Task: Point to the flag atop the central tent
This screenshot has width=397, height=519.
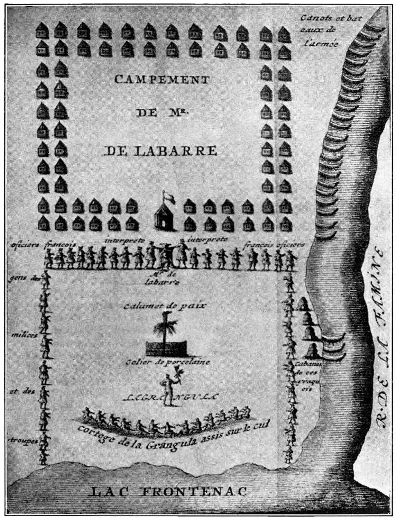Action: pos(168,196)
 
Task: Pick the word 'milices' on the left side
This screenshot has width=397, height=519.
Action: pos(20,335)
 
